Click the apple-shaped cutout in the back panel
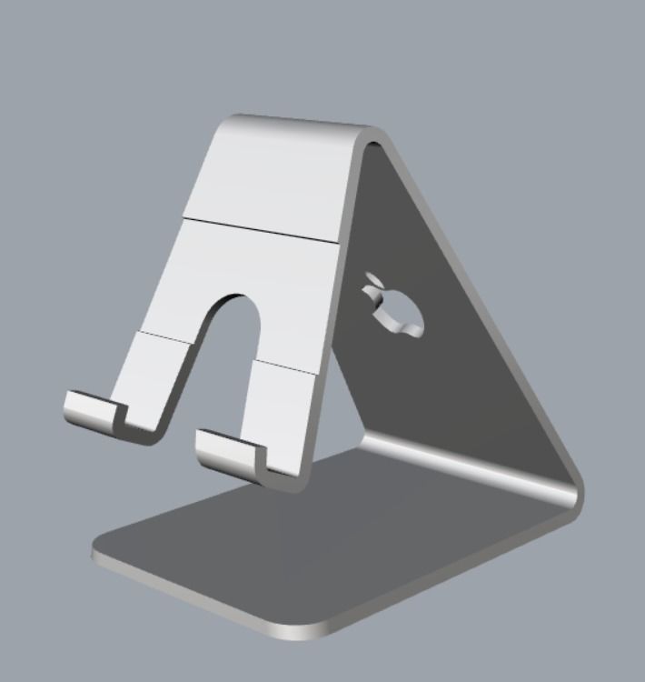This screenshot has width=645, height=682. coord(395,309)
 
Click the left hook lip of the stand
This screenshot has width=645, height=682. coord(91,409)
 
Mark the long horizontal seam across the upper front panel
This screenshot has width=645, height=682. coord(263,228)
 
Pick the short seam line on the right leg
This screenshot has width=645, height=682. coord(286,366)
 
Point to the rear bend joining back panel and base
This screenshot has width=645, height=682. coord(472,468)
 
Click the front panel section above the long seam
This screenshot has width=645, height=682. coord(273,177)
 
